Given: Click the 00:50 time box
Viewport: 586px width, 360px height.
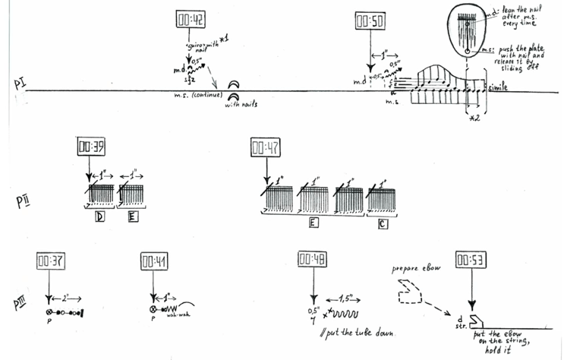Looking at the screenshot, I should coord(368,21).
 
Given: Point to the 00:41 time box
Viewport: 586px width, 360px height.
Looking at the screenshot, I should coord(153,262).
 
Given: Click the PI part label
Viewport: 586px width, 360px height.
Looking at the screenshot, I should coord(20,84).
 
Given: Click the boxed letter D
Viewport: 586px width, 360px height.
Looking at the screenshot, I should coord(99,216).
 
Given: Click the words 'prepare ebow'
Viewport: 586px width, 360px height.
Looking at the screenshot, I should coord(414,270).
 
